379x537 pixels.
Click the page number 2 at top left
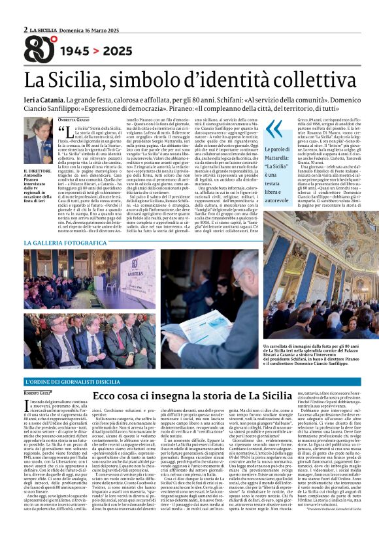25,29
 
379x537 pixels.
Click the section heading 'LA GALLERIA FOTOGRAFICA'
65,243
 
